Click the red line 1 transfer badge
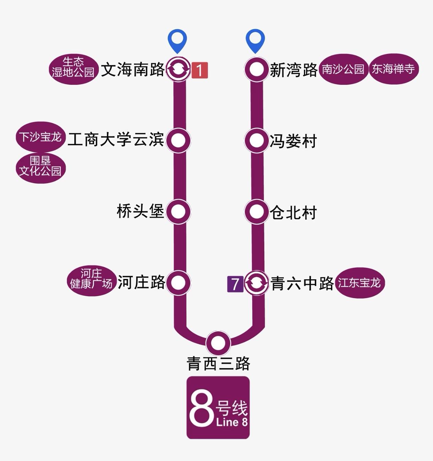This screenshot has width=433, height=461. click(200, 70)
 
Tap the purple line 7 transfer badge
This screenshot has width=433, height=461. click(235, 284)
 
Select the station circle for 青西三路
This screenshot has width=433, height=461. click(218, 343)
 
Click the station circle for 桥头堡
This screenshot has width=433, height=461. click(178, 212)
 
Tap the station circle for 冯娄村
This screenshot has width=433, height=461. click(256, 140)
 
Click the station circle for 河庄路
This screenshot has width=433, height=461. click(178, 283)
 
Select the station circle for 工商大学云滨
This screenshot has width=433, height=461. click(178, 140)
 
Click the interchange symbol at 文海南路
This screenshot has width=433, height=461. click(178, 69)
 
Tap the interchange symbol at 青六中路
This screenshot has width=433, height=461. click(256, 283)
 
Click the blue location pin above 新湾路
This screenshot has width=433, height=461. click(255, 40)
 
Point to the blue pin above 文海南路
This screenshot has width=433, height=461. click(177, 40)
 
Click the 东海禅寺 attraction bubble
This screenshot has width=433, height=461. click(393, 69)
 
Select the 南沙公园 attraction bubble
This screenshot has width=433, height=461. click(343, 69)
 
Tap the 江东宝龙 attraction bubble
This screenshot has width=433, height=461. click(359, 283)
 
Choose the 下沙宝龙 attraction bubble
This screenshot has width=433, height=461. click(41, 137)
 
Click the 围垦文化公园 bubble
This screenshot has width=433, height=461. click(41, 168)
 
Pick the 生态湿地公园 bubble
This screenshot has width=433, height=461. click(73, 69)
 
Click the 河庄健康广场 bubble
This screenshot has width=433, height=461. click(91, 281)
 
